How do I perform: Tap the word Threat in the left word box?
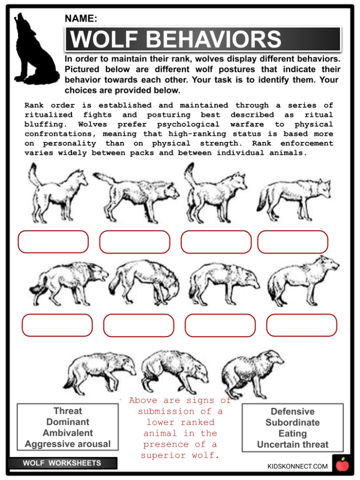(x=67, y=411)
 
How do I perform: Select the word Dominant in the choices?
(x=67, y=422)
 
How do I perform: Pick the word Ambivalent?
(x=67, y=433)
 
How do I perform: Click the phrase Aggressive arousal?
(x=67, y=444)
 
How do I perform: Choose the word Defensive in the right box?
(x=292, y=412)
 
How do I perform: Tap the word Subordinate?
(x=292, y=422)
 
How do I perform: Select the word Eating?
(x=292, y=434)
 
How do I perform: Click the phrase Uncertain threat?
(x=292, y=445)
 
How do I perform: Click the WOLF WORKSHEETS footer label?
(x=62, y=463)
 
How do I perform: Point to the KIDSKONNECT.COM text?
(x=297, y=466)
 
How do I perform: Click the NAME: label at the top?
(x=81, y=19)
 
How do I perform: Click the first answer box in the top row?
(x=53, y=242)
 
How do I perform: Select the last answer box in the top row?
(x=293, y=242)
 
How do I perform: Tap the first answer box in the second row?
(x=57, y=325)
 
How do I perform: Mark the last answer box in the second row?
(x=301, y=325)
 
